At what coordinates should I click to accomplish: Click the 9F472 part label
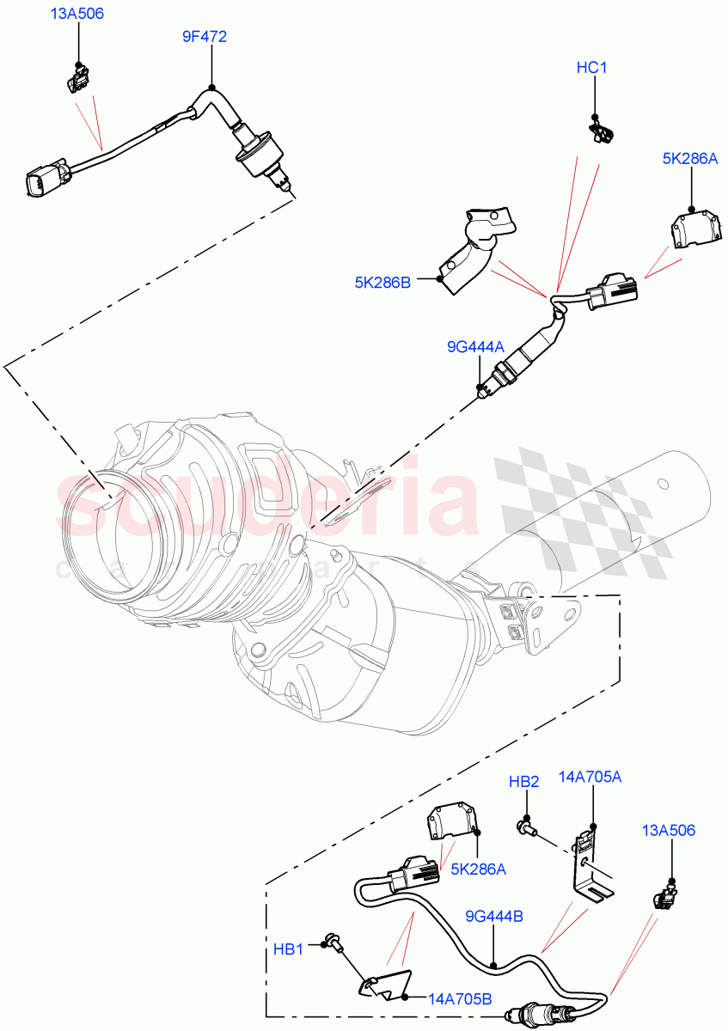(205, 36)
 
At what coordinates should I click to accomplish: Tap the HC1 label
(591, 68)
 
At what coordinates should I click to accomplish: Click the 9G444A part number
(475, 347)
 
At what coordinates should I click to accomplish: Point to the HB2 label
(523, 782)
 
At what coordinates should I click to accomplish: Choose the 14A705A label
(591, 778)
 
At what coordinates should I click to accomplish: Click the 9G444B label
(494, 917)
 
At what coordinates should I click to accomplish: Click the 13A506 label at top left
(77, 15)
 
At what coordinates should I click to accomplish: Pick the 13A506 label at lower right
(668, 830)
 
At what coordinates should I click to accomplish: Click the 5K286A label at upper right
(689, 158)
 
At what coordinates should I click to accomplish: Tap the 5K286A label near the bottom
(478, 869)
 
